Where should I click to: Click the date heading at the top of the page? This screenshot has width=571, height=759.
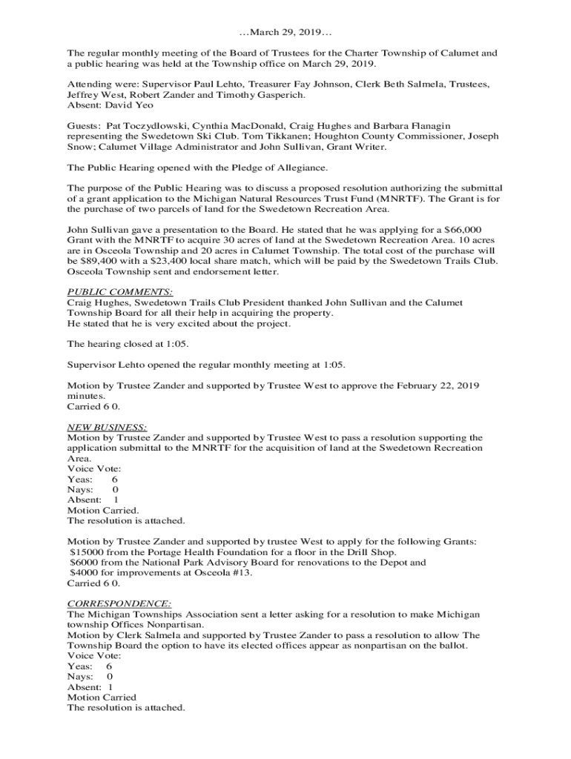click(285, 33)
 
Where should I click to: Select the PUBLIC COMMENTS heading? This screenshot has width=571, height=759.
click(119, 292)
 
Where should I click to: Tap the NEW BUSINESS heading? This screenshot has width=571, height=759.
click(107, 427)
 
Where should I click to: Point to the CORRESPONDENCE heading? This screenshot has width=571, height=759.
click(119, 603)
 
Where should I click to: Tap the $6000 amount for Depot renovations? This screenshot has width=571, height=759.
click(85, 562)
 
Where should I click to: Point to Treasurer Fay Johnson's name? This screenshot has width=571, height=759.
click(359, 84)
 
